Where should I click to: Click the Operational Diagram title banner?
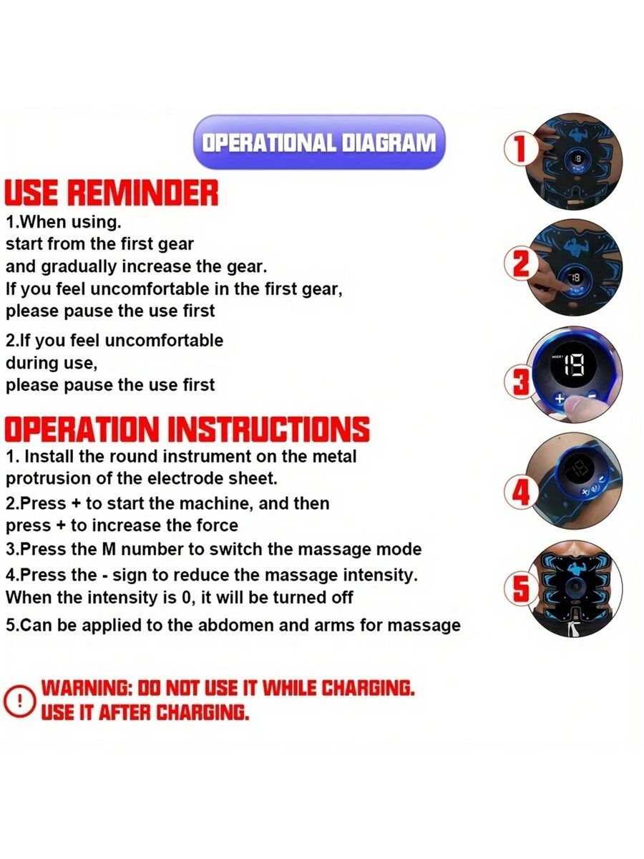pos(319,142)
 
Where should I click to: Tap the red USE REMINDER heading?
pos(112,193)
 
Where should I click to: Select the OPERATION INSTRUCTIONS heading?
pos(187,429)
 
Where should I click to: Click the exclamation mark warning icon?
pos(19,700)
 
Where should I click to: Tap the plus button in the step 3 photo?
pos(560,399)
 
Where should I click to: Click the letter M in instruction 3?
pos(109,549)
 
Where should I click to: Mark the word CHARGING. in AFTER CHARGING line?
pos(203,713)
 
